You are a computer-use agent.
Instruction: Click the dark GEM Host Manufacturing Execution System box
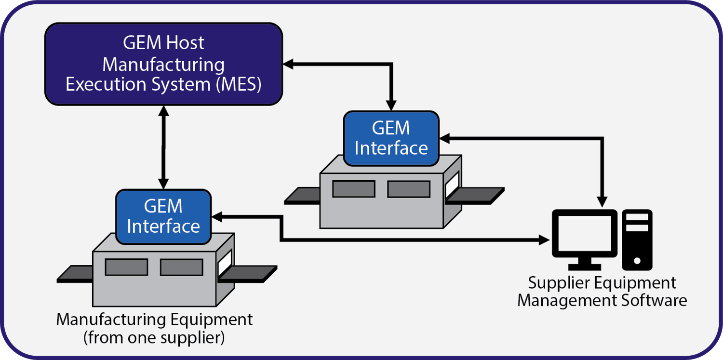coord(163,64)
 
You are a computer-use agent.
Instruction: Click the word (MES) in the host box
coord(238,84)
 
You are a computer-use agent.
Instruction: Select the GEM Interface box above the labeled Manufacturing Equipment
coord(163,216)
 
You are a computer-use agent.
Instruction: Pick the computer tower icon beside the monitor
coord(637,240)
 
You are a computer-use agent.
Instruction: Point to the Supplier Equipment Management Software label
coord(602,292)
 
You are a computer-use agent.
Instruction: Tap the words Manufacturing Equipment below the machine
coord(154,320)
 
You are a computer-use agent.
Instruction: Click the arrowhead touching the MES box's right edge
coord(288,64)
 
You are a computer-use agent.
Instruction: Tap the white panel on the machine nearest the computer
coord(453,186)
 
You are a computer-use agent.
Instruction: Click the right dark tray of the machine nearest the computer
coord(477,195)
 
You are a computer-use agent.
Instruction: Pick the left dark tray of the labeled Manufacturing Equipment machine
coord(75,274)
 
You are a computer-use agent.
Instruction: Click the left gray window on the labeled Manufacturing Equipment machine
coord(126,267)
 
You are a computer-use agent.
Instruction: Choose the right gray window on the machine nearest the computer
coord(409,189)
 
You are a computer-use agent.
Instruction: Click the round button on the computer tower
coord(637,261)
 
